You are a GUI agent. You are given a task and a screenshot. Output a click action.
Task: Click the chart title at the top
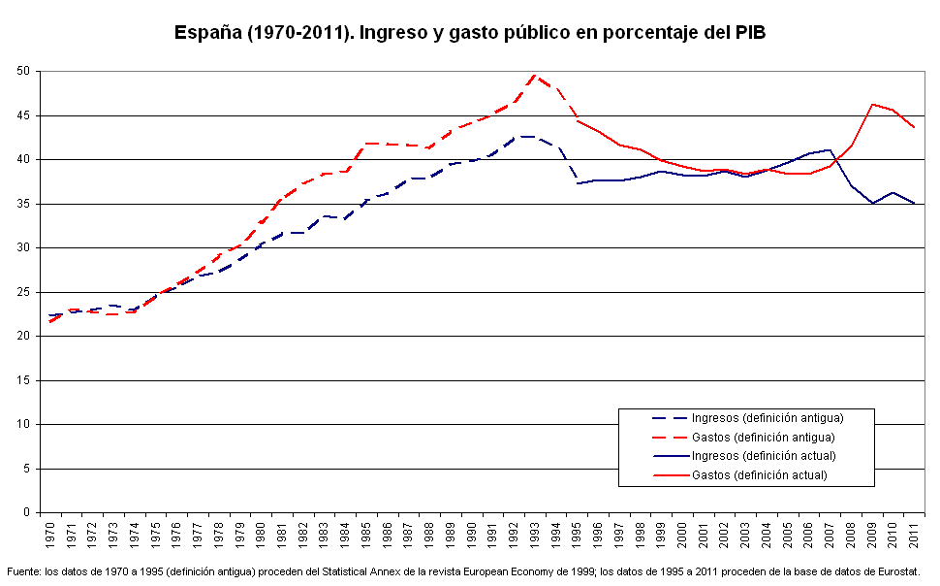click(469, 32)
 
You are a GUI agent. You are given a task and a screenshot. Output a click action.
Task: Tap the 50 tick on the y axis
click(24, 71)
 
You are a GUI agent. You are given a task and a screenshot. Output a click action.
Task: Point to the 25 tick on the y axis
click(24, 292)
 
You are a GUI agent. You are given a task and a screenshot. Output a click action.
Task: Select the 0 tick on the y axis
click(28, 512)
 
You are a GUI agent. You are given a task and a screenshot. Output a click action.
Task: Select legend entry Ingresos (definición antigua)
click(767, 418)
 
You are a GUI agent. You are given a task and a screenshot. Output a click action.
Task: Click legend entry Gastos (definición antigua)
click(763, 438)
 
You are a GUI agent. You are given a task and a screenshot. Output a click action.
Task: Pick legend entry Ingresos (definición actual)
click(763, 456)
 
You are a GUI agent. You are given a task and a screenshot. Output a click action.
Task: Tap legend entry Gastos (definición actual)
click(759, 475)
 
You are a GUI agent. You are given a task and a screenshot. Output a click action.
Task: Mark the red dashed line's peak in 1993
click(536, 75)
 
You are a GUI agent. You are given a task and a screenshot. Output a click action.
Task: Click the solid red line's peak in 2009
click(873, 104)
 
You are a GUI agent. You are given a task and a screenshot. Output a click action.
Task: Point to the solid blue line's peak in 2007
click(830, 150)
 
